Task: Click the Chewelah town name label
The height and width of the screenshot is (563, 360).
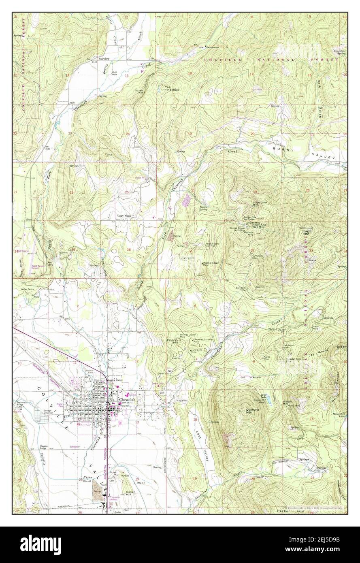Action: click(127, 399)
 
